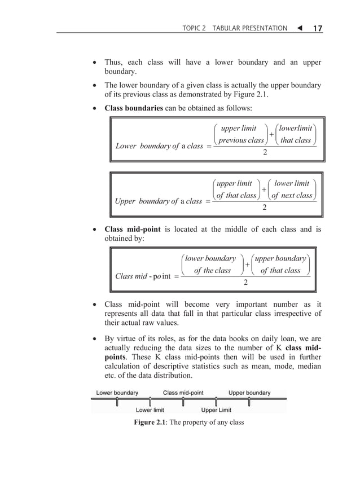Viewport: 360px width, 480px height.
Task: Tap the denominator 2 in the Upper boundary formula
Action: click(265, 208)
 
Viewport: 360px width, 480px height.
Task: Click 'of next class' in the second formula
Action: click(291, 196)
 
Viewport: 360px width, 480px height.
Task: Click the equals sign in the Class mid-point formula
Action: click(177, 276)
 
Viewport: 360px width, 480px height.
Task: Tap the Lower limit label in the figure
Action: click(150, 410)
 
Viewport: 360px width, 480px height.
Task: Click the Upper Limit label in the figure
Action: click(216, 410)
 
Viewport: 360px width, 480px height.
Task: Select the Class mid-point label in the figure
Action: click(183, 393)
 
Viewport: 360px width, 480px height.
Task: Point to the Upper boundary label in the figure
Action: click(249, 393)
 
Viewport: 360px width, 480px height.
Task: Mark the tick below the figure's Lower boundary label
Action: click(117, 402)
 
